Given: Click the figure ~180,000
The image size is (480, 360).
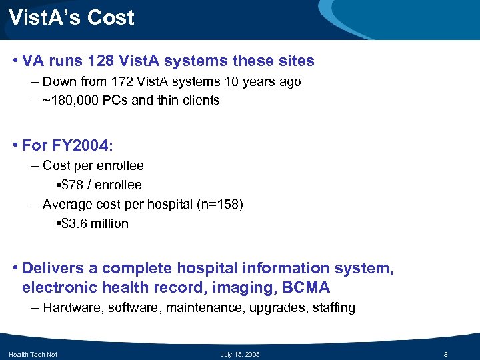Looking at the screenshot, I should click(71, 101).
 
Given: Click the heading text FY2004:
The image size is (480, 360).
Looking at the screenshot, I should click(82, 145).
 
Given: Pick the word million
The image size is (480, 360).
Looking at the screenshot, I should click(111, 223).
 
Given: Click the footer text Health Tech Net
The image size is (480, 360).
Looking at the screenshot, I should click(33, 354).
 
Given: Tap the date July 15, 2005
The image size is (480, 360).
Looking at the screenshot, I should click(239, 354).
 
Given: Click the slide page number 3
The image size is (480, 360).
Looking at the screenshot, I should click(454, 354).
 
